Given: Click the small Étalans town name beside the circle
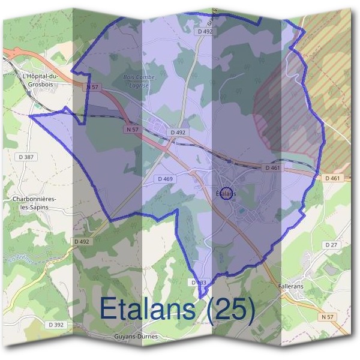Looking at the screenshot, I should (x=225, y=193).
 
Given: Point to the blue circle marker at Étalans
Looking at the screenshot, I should (x=226, y=193).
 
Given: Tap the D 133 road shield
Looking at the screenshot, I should (x=199, y=282).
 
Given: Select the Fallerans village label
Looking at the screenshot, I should (x=291, y=287).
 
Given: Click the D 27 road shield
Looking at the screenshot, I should (x=331, y=245).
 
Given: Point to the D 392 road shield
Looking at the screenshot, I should (x=55, y=325).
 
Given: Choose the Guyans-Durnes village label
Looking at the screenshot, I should (x=136, y=337).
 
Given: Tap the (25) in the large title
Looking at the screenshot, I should (x=229, y=308).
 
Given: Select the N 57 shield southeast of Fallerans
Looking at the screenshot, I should (x=327, y=316).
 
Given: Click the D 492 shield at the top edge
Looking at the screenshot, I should (x=205, y=31).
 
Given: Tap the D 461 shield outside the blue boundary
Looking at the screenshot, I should (x=333, y=178).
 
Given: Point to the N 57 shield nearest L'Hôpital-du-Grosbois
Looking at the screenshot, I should (x=92, y=87).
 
